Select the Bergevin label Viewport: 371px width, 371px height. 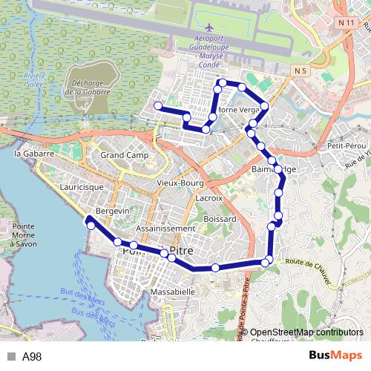[113, 211]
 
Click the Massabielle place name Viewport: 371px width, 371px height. [172, 292]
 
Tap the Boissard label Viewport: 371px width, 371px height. [220, 219]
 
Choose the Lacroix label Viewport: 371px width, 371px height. [209, 199]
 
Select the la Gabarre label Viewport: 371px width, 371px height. [35, 154]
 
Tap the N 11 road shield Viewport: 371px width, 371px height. [343, 24]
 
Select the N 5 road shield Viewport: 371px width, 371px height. [300, 71]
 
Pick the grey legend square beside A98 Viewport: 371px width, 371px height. [11, 356]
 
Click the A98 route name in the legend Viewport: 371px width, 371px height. [31, 356]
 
